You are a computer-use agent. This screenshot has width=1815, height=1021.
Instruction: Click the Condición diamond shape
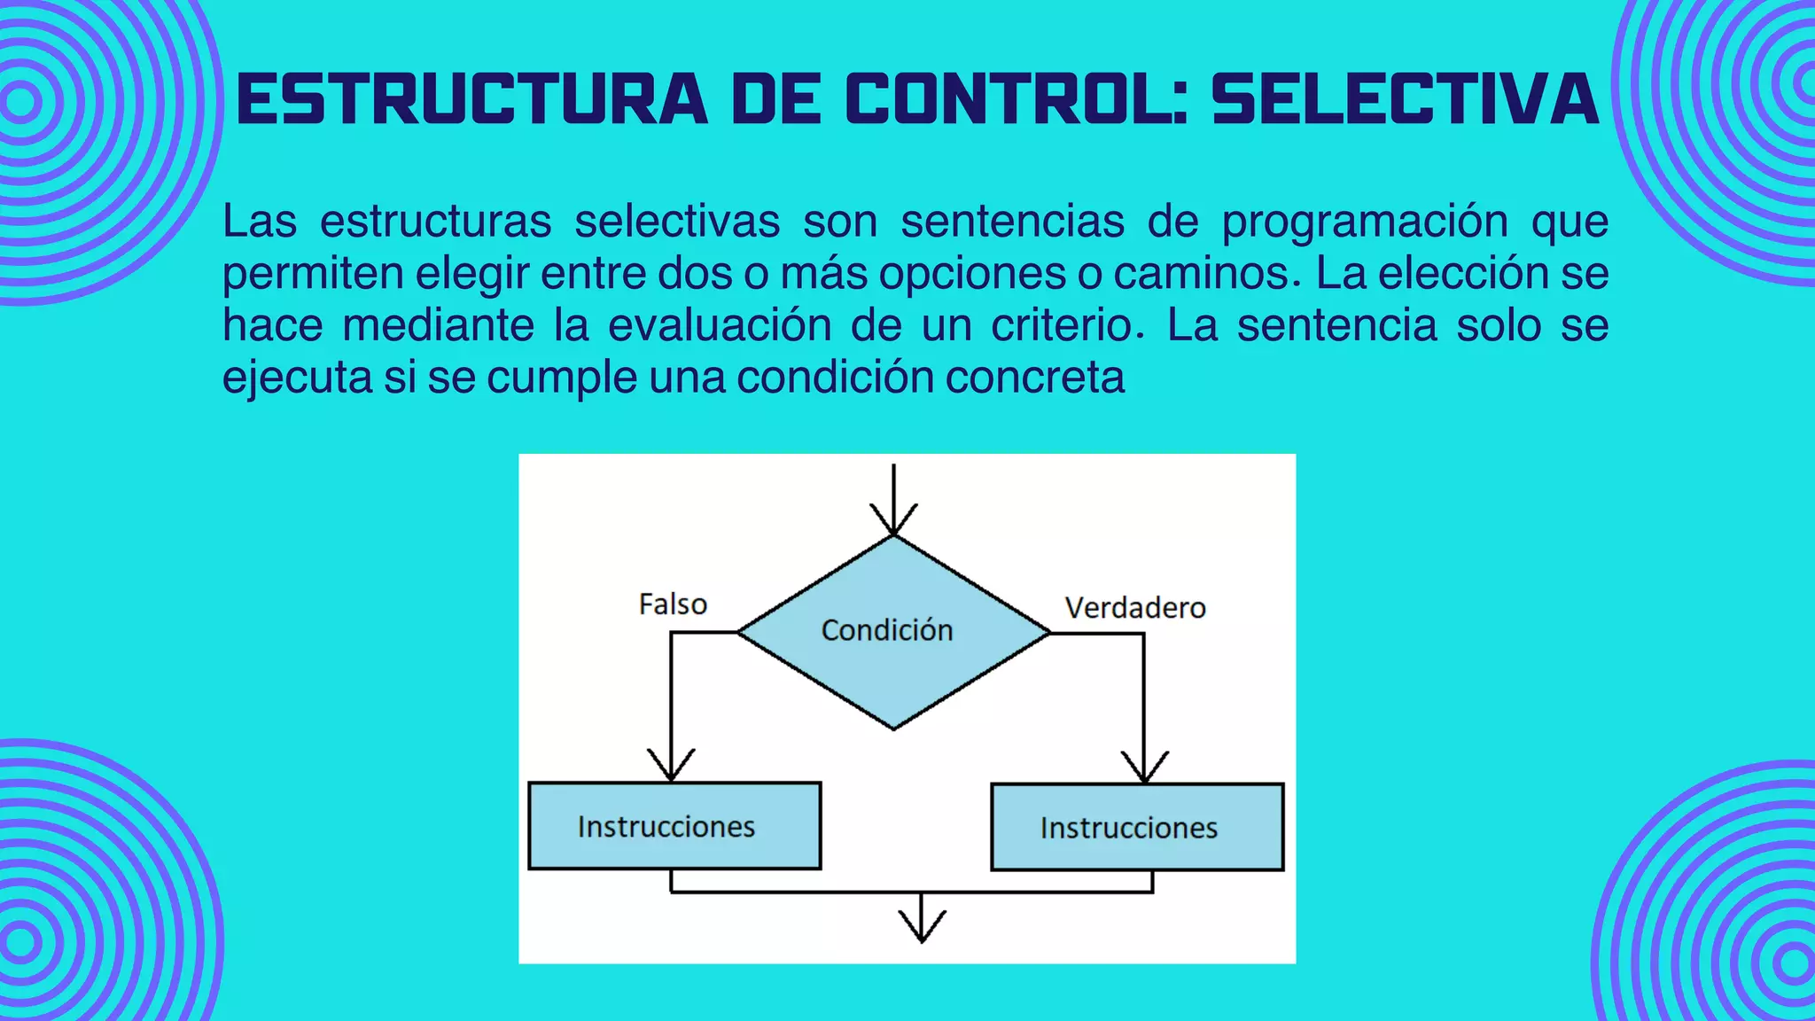(x=893, y=632)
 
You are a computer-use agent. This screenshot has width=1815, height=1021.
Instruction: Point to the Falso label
(x=673, y=604)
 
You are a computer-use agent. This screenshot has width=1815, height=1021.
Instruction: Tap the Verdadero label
(x=1135, y=608)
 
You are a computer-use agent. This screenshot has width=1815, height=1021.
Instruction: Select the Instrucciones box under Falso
(x=674, y=826)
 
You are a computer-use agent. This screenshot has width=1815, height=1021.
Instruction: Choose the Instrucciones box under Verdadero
(x=1137, y=828)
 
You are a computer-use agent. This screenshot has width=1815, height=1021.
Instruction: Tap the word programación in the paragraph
(x=1365, y=221)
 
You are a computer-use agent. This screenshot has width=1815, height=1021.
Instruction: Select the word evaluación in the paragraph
(x=720, y=324)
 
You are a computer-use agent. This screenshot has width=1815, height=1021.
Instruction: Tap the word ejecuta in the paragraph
(x=297, y=377)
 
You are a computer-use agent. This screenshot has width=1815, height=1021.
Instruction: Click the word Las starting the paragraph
(x=259, y=221)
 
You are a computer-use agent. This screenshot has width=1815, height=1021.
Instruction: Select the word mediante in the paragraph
(x=439, y=324)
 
